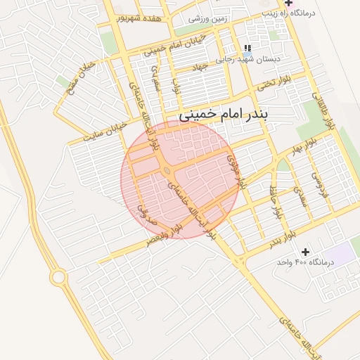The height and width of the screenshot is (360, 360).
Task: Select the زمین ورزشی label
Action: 208,18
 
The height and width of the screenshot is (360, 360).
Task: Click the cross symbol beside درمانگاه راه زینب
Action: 288,3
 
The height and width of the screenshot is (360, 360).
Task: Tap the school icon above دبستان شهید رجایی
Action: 247,47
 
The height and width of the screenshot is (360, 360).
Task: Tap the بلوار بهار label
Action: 304,146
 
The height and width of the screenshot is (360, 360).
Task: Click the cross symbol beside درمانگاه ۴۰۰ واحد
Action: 305,251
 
